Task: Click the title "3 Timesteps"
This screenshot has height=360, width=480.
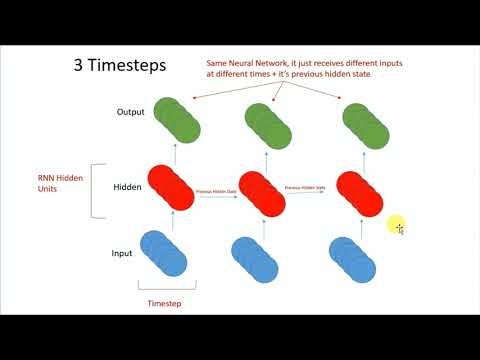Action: [120, 65]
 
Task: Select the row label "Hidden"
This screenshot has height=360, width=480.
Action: [127, 186]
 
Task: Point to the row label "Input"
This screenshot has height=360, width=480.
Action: [121, 254]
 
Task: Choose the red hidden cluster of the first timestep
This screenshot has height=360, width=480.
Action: [169, 187]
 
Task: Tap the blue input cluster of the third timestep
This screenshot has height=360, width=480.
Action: [352, 258]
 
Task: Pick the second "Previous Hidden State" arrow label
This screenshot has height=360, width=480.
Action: [307, 188]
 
